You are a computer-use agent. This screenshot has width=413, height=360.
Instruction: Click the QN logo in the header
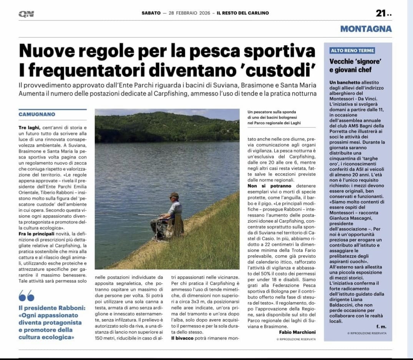click(26, 14)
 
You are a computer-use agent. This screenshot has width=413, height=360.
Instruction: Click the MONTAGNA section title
click(366, 29)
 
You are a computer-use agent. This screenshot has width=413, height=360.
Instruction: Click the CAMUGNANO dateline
click(37, 114)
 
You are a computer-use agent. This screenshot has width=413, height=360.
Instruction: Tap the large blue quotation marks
click(26, 295)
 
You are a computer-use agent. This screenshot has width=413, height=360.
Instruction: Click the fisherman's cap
click(174, 195)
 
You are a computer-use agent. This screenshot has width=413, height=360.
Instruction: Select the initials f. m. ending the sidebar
click(381, 327)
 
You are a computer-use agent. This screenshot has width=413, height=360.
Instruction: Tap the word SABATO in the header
click(151, 13)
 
